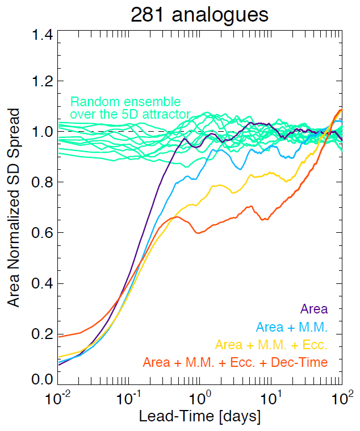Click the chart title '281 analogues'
point(199,15)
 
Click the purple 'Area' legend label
point(313,310)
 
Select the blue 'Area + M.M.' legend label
point(292,327)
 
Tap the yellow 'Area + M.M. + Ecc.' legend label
point(271,345)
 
